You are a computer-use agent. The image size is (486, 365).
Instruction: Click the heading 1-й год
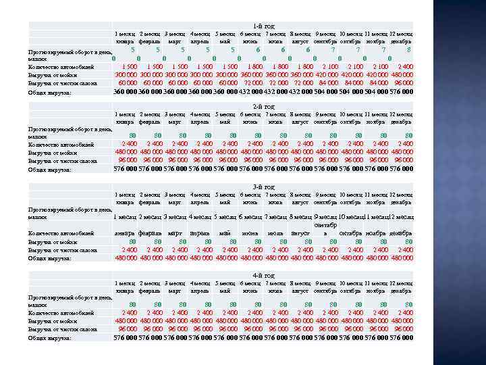(264, 26)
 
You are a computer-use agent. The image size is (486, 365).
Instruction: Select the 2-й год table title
(264, 107)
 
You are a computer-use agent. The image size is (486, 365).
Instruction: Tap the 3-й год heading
(264, 187)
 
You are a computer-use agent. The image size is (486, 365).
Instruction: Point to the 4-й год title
(264, 275)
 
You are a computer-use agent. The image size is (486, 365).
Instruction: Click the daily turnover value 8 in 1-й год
(409, 49)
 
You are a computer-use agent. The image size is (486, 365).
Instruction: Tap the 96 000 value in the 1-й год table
(402, 83)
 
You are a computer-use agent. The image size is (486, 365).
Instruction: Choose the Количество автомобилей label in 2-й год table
(61, 144)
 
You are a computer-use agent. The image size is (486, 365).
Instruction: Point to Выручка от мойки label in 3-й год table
(51, 241)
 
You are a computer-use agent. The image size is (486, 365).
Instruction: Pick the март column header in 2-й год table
(175, 122)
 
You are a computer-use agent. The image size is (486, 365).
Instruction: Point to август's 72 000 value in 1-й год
(302, 83)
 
